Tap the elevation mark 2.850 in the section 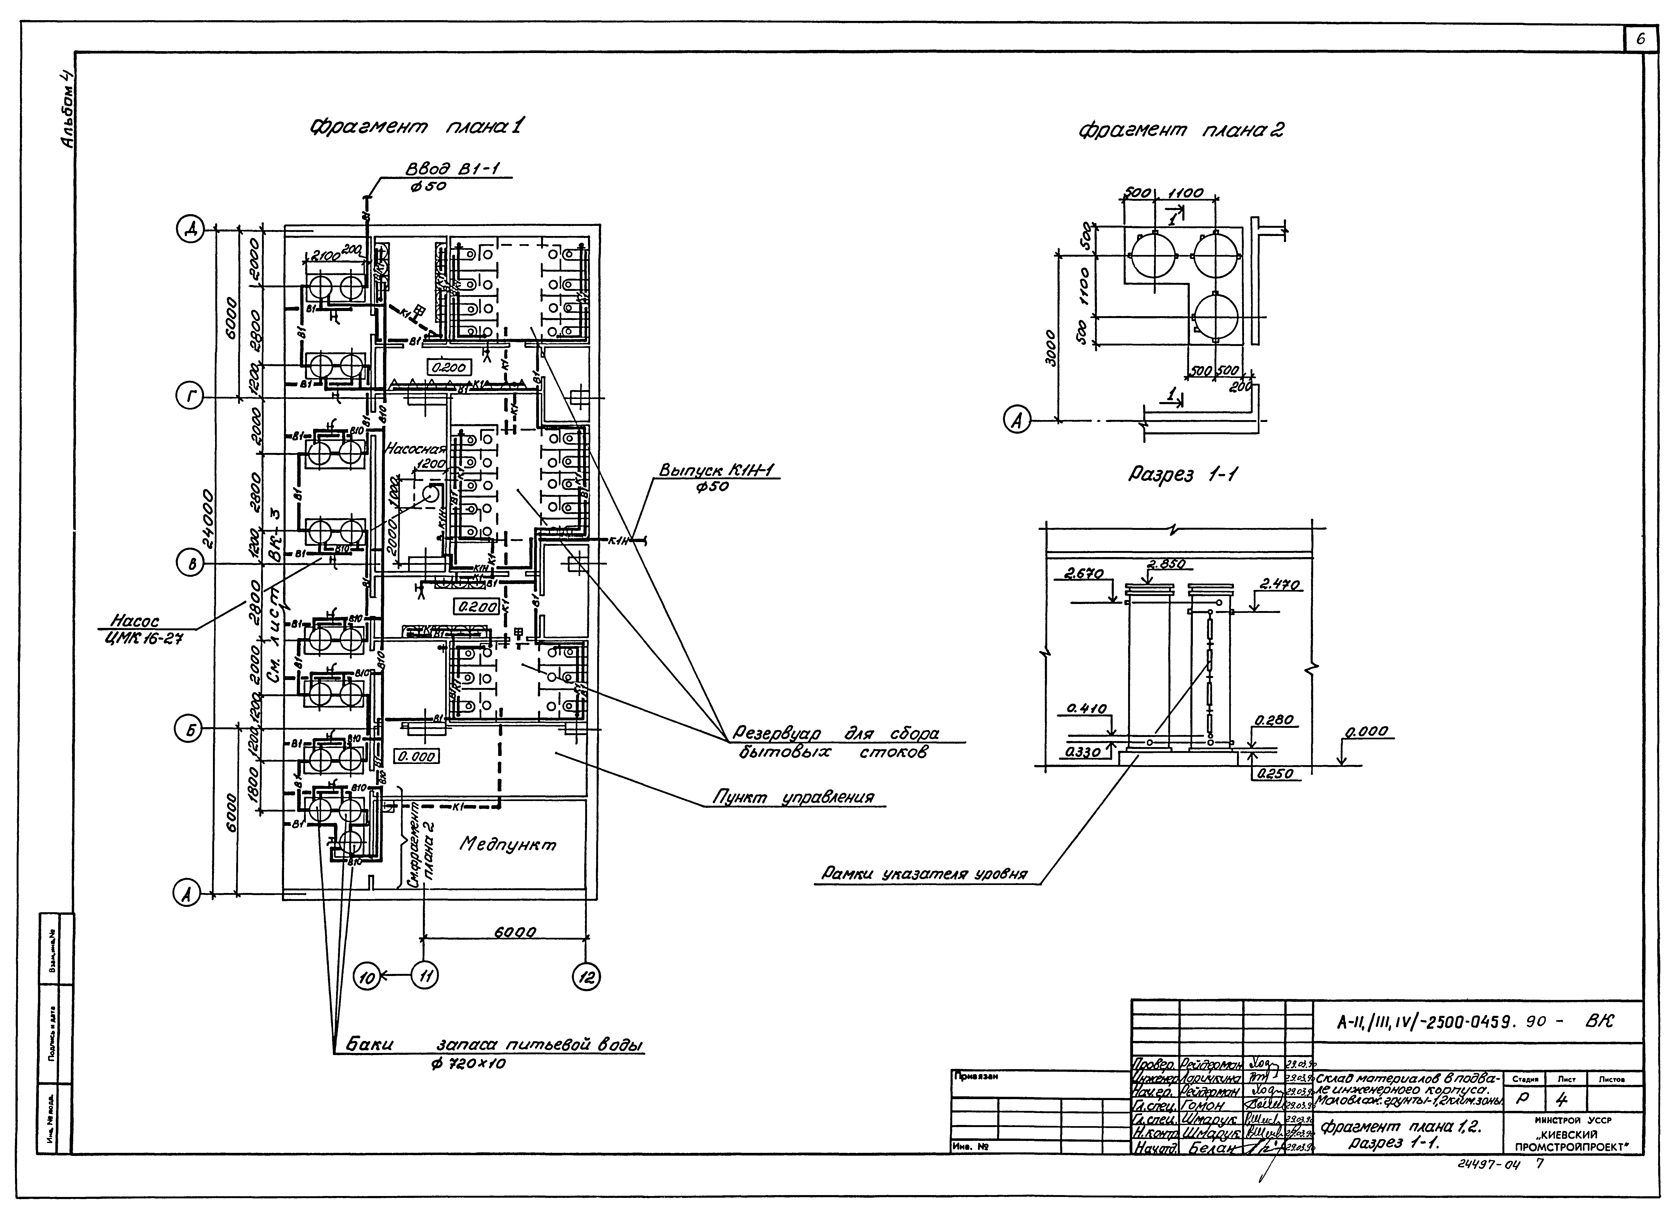click(x=1165, y=564)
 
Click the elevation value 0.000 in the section click(x=1366, y=732)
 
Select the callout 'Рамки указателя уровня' click(x=924, y=874)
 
